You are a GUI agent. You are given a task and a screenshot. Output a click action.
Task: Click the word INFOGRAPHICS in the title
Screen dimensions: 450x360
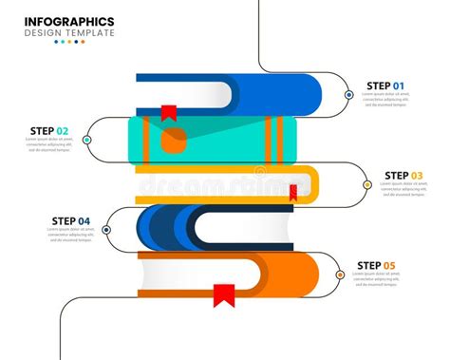tap(69, 20)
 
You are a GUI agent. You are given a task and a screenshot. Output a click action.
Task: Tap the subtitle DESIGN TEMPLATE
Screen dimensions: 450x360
tap(69, 32)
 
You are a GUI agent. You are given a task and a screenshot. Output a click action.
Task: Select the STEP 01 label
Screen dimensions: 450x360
tap(386, 85)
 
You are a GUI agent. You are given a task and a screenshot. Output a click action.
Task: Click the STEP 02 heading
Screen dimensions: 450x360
tap(49, 131)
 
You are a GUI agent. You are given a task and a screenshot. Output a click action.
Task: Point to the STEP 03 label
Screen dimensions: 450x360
tap(403, 175)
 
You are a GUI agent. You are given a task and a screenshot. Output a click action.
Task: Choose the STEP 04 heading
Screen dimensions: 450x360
tap(71, 221)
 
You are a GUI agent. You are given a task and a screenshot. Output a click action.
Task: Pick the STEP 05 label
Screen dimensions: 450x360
tap(376, 265)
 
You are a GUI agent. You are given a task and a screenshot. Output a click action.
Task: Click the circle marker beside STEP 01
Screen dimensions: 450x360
tap(349, 95)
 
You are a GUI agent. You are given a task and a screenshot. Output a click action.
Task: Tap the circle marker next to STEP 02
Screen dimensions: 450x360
tap(87, 140)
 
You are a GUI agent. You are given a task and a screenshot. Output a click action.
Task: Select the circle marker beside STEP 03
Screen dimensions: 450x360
tap(367, 185)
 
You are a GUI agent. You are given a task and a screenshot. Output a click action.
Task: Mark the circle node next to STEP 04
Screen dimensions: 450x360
tap(107, 230)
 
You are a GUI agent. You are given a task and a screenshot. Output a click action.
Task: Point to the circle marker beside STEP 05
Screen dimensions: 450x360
tap(340, 275)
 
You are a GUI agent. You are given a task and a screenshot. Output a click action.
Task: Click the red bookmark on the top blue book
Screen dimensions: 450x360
tap(168, 112)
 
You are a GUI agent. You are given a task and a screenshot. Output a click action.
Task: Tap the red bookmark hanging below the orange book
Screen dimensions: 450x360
tap(224, 295)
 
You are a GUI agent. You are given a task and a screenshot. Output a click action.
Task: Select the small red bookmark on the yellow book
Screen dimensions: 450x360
tap(293, 193)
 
